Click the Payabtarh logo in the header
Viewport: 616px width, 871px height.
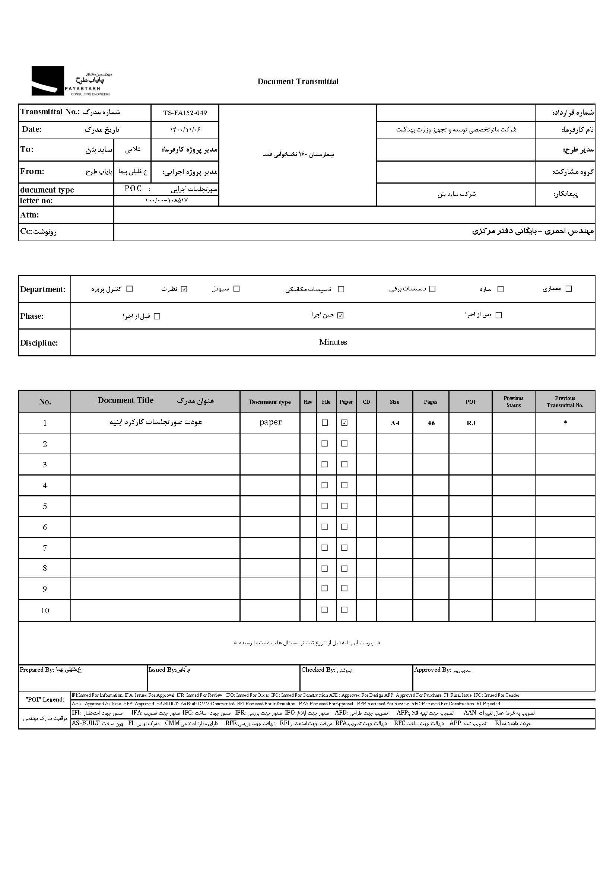click(71, 81)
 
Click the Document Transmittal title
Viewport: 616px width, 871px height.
click(298, 82)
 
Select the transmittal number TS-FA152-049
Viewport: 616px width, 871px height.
click(185, 113)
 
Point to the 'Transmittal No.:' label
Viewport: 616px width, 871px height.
click(50, 112)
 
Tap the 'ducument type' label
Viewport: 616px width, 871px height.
click(47, 190)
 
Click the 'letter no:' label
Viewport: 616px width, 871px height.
click(36, 201)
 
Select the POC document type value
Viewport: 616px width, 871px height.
click(133, 188)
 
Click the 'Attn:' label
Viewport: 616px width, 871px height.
click(29, 215)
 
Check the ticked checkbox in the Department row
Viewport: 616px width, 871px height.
click(184, 289)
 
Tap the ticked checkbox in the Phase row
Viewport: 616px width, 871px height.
click(340, 315)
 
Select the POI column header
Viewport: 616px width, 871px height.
click(470, 402)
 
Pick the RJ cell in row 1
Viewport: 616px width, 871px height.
click(471, 423)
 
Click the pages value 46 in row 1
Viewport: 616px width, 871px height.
click(431, 423)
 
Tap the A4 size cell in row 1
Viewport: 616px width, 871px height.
click(395, 423)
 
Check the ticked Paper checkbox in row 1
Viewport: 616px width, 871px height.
click(344, 423)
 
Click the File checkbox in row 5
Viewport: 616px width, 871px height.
click(325, 506)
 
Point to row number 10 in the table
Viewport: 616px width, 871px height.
click(45, 610)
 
